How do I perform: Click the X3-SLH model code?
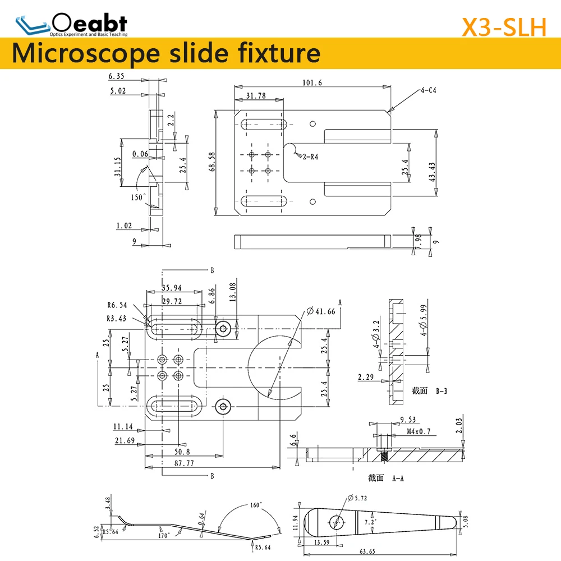click(x=503, y=26)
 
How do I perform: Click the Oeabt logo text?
click(x=89, y=23)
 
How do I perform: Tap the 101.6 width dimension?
click(x=312, y=82)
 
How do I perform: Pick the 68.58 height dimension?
click(x=211, y=163)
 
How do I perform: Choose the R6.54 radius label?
click(x=117, y=305)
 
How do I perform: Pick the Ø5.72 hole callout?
click(x=357, y=498)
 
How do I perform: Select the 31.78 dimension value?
click(x=256, y=96)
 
